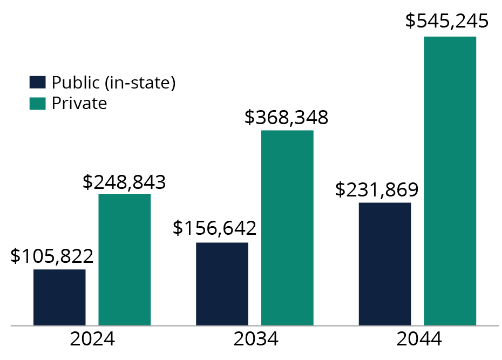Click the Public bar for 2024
pyautogui.click(x=59, y=297)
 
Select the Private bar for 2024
pyautogui.click(x=124, y=259)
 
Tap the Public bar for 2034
pyautogui.click(x=222, y=284)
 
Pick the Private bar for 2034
pyautogui.click(x=287, y=228)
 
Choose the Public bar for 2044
pyautogui.click(x=385, y=264)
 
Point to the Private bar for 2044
pyautogui.click(x=450, y=181)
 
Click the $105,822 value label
pyautogui.click(x=52, y=256)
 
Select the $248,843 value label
pyautogui.click(x=124, y=182)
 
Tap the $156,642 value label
pyautogui.click(x=214, y=228)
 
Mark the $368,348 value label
pyautogui.click(x=286, y=118)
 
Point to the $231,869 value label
pyautogui.click(x=377, y=189)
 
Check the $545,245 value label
pyautogui.click(x=447, y=22)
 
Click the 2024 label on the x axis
pyautogui.click(x=92, y=339)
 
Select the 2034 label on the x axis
pyautogui.click(x=256, y=339)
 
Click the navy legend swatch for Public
pyautogui.click(x=37, y=83)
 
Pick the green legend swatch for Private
pyautogui.click(x=37, y=103)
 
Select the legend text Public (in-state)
pyautogui.click(x=114, y=83)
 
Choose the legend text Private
pyautogui.click(x=79, y=103)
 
